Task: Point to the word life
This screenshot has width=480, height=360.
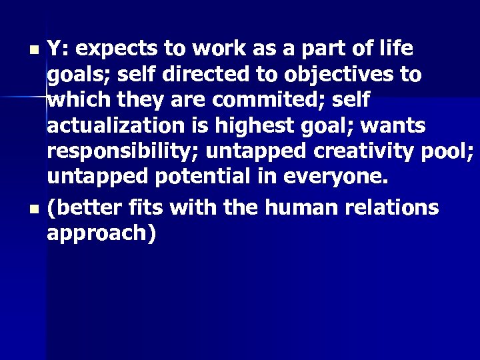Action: [x=393, y=49]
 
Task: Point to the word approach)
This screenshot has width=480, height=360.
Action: [x=101, y=233]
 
